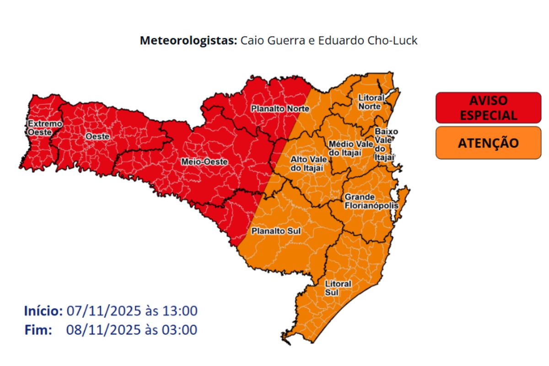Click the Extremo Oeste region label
coord(38,128)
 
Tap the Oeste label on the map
coord(97,136)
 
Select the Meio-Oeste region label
coord(205,161)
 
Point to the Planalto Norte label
coord(280,109)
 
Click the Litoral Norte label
coord(370,102)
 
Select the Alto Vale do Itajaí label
coord(307,164)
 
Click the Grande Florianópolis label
coord(371,201)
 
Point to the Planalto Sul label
coord(276,231)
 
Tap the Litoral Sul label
coord(338,288)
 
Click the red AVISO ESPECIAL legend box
coord(488,108)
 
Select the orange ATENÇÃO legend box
coord(488,143)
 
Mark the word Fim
coord(38,329)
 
